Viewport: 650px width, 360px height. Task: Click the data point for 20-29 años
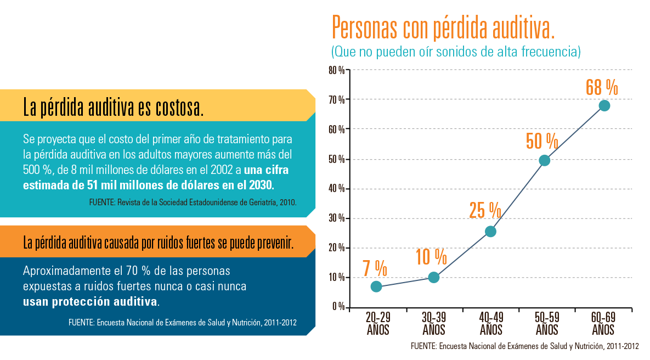pyautogui.click(x=376, y=286)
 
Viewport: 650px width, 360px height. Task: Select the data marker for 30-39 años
pyautogui.click(x=433, y=277)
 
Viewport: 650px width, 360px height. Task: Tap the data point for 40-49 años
pyautogui.click(x=490, y=232)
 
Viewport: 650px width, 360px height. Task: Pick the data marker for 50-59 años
pyautogui.click(x=544, y=160)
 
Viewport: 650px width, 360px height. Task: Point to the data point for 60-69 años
pyautogui.click(x=604, y=105)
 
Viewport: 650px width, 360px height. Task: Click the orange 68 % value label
pyautogui.click(x=602, y=87)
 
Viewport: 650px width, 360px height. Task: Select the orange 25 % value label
pyautogui.click(x=485, y=210)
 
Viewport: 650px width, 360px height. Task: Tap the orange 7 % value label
pyautogui.click(x=375, y=268)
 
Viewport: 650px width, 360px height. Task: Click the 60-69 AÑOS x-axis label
pyautogui.click(x=603, y=324)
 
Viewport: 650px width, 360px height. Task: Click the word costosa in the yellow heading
pyautogui.click(x=178, y=108)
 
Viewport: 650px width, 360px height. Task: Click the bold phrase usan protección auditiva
pyautogui.click(x=91, y=302)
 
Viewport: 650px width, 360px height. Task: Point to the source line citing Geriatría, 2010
pyautogui.click(x=192, y=202)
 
